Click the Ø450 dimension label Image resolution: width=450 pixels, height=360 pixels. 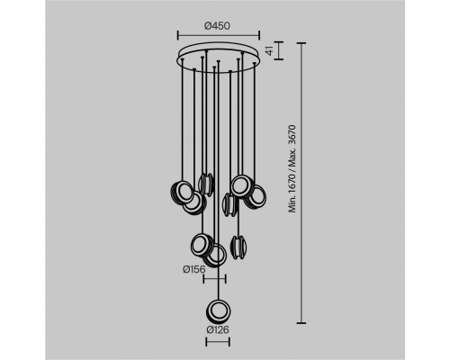click(x=218, y=26)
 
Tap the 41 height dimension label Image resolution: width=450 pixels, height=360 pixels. click(x=270, y=50)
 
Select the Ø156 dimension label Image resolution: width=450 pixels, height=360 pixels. click(x=194, y=269)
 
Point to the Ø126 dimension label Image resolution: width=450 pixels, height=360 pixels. click(x=218, y=330)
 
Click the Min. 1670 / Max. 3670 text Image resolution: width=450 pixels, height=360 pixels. click(x=292, y=168)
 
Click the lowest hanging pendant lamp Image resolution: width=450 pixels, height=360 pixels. click(x=219, y=311)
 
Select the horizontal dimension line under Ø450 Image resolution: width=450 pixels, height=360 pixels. click(x=219, y=35)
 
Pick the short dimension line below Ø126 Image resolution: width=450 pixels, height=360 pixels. click(x=218, y=342)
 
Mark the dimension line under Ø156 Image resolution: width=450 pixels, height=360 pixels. click(x=214, y=279)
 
